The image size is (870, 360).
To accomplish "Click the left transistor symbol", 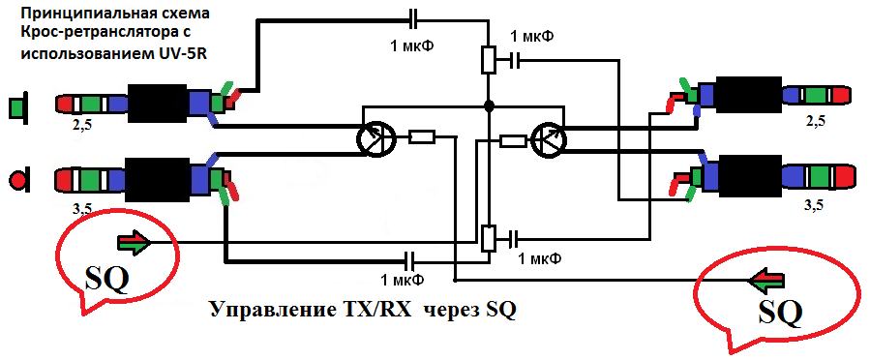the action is (375, 137).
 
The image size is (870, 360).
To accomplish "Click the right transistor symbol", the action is (549, 138).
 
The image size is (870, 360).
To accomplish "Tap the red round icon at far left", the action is (18, 180).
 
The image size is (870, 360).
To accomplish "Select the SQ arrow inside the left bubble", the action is (134, 243).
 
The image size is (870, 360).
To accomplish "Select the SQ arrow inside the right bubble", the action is (766, 280).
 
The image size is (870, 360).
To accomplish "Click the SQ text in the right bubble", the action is (780, 313).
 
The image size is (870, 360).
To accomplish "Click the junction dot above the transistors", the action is (489, 105).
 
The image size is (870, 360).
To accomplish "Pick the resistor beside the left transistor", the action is (422, 137).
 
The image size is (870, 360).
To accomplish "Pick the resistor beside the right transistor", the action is (513, 141).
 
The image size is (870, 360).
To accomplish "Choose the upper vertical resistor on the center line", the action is (489, 59).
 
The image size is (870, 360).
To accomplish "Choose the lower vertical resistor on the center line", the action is (489, 238).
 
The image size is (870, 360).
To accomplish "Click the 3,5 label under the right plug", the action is (814, 206).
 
